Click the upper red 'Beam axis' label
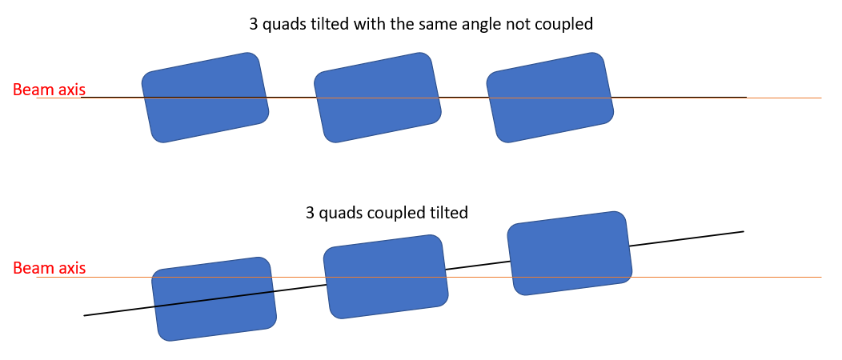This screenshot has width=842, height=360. point(49,90)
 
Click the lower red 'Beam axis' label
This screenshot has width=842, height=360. point(49,269)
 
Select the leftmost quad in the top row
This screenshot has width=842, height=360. point(205,98)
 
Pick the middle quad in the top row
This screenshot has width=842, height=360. point(377,98)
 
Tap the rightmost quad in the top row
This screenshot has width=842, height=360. point(550,98)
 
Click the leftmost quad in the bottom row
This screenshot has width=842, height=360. point(214,298)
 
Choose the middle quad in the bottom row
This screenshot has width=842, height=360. point(385,276)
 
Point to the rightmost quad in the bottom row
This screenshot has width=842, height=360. point(569,253)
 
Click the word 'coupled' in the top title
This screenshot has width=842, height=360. point(565,24)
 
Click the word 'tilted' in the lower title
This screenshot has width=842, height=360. point(447,214)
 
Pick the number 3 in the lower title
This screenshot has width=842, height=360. point(311,214)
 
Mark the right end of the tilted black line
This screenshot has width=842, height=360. point(743,232)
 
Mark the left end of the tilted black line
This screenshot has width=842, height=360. point(85,315)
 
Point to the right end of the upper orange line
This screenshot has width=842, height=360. point(820,98)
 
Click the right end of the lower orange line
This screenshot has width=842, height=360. point(820,278)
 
